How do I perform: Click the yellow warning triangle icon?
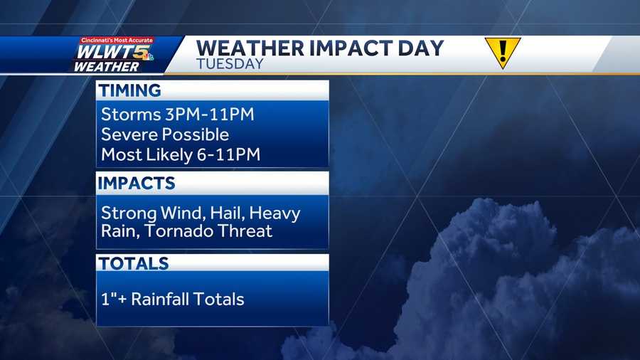503,52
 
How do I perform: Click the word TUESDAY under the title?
230,64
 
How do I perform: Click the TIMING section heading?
129,90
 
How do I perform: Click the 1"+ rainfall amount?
114,299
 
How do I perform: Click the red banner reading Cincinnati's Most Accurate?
117,41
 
